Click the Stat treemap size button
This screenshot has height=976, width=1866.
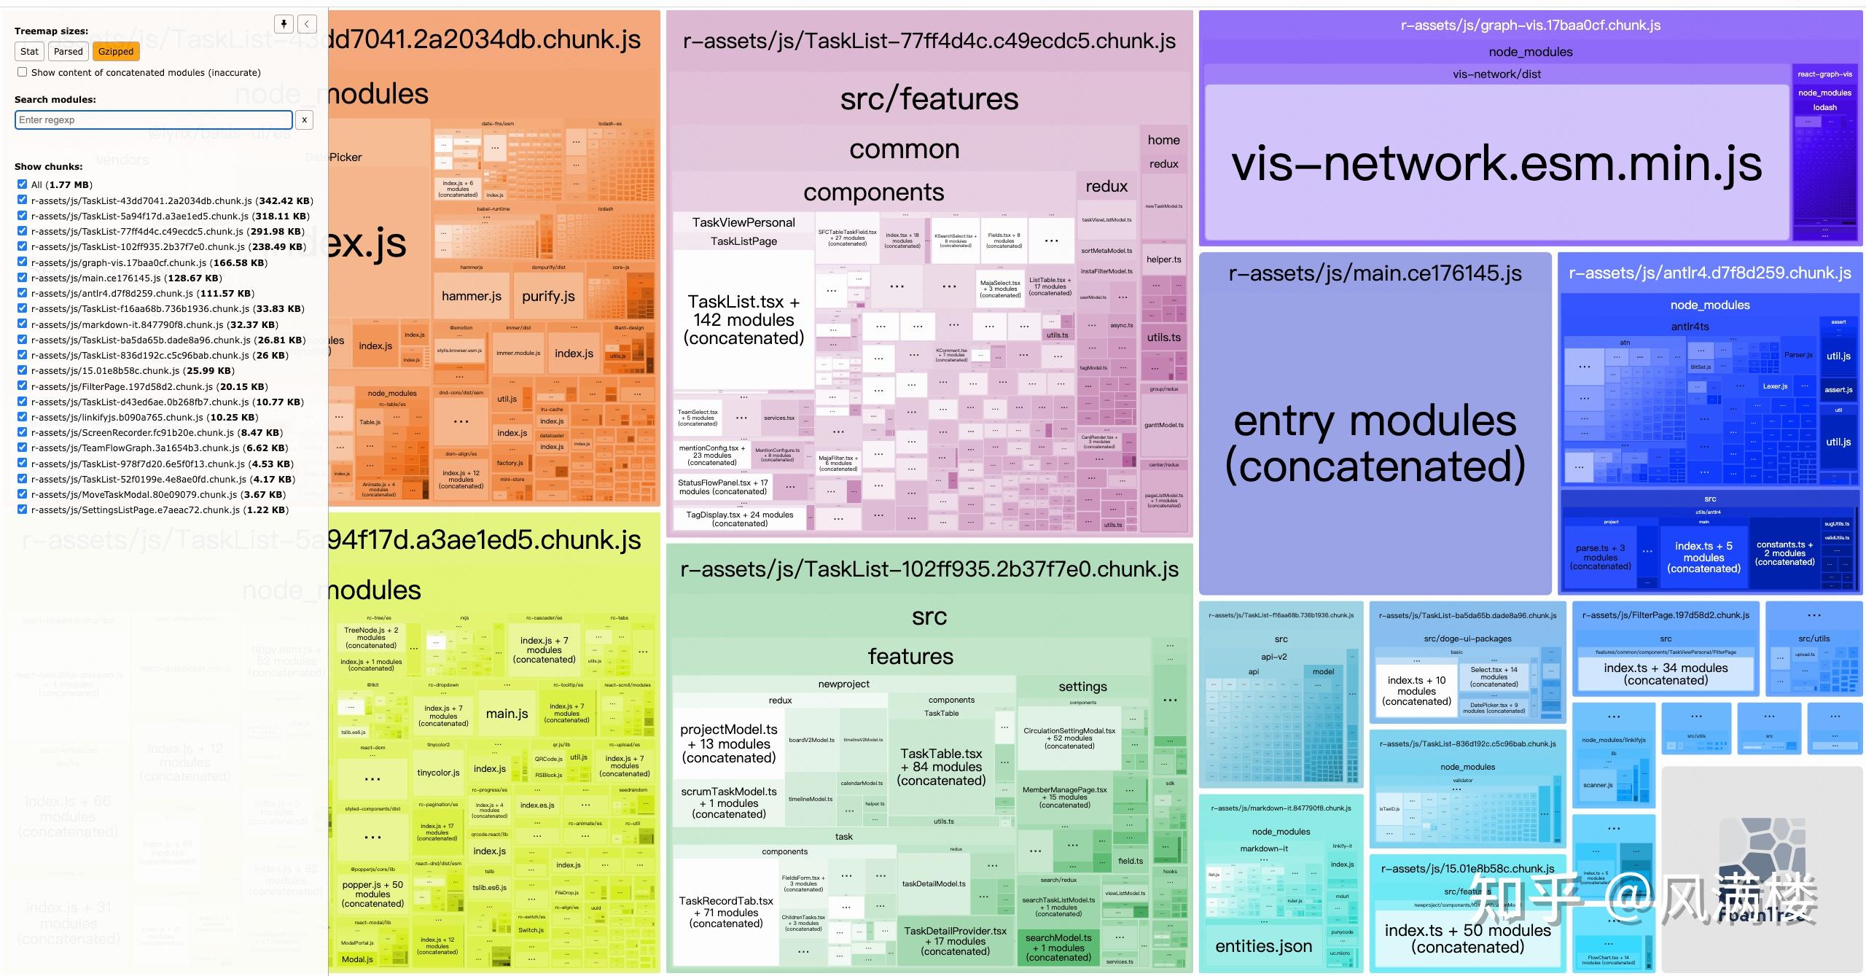click(x=29, y=51)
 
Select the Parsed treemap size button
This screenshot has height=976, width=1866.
click(x=68, y=51)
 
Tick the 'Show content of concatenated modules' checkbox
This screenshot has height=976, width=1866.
click(x=23, y=72)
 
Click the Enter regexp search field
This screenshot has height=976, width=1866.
click(x=153, y=120)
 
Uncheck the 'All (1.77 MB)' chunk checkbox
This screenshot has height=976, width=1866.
click(x=23, y=184)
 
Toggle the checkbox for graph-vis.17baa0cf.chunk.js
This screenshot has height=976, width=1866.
click(x=23, y=262)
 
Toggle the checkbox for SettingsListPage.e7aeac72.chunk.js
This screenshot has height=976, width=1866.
click(x=23, y=510)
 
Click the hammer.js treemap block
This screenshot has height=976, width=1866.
click(x=471, y=296)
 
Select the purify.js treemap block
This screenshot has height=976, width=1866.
click(x=548, y=296)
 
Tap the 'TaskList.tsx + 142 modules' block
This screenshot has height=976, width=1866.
click(x=743, y=320)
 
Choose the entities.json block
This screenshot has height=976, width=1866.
click(x=1263, y=946)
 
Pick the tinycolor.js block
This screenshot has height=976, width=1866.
click(x=438, y=773)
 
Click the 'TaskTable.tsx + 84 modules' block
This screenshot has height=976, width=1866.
click(x=941, y=767)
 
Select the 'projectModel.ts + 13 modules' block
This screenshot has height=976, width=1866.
click(x=729, y=743)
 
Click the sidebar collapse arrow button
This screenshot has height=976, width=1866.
click(x=307, y=24)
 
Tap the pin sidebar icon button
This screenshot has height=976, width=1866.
click(x=284, y=24)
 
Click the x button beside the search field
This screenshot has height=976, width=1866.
click(x=305, y=120)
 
